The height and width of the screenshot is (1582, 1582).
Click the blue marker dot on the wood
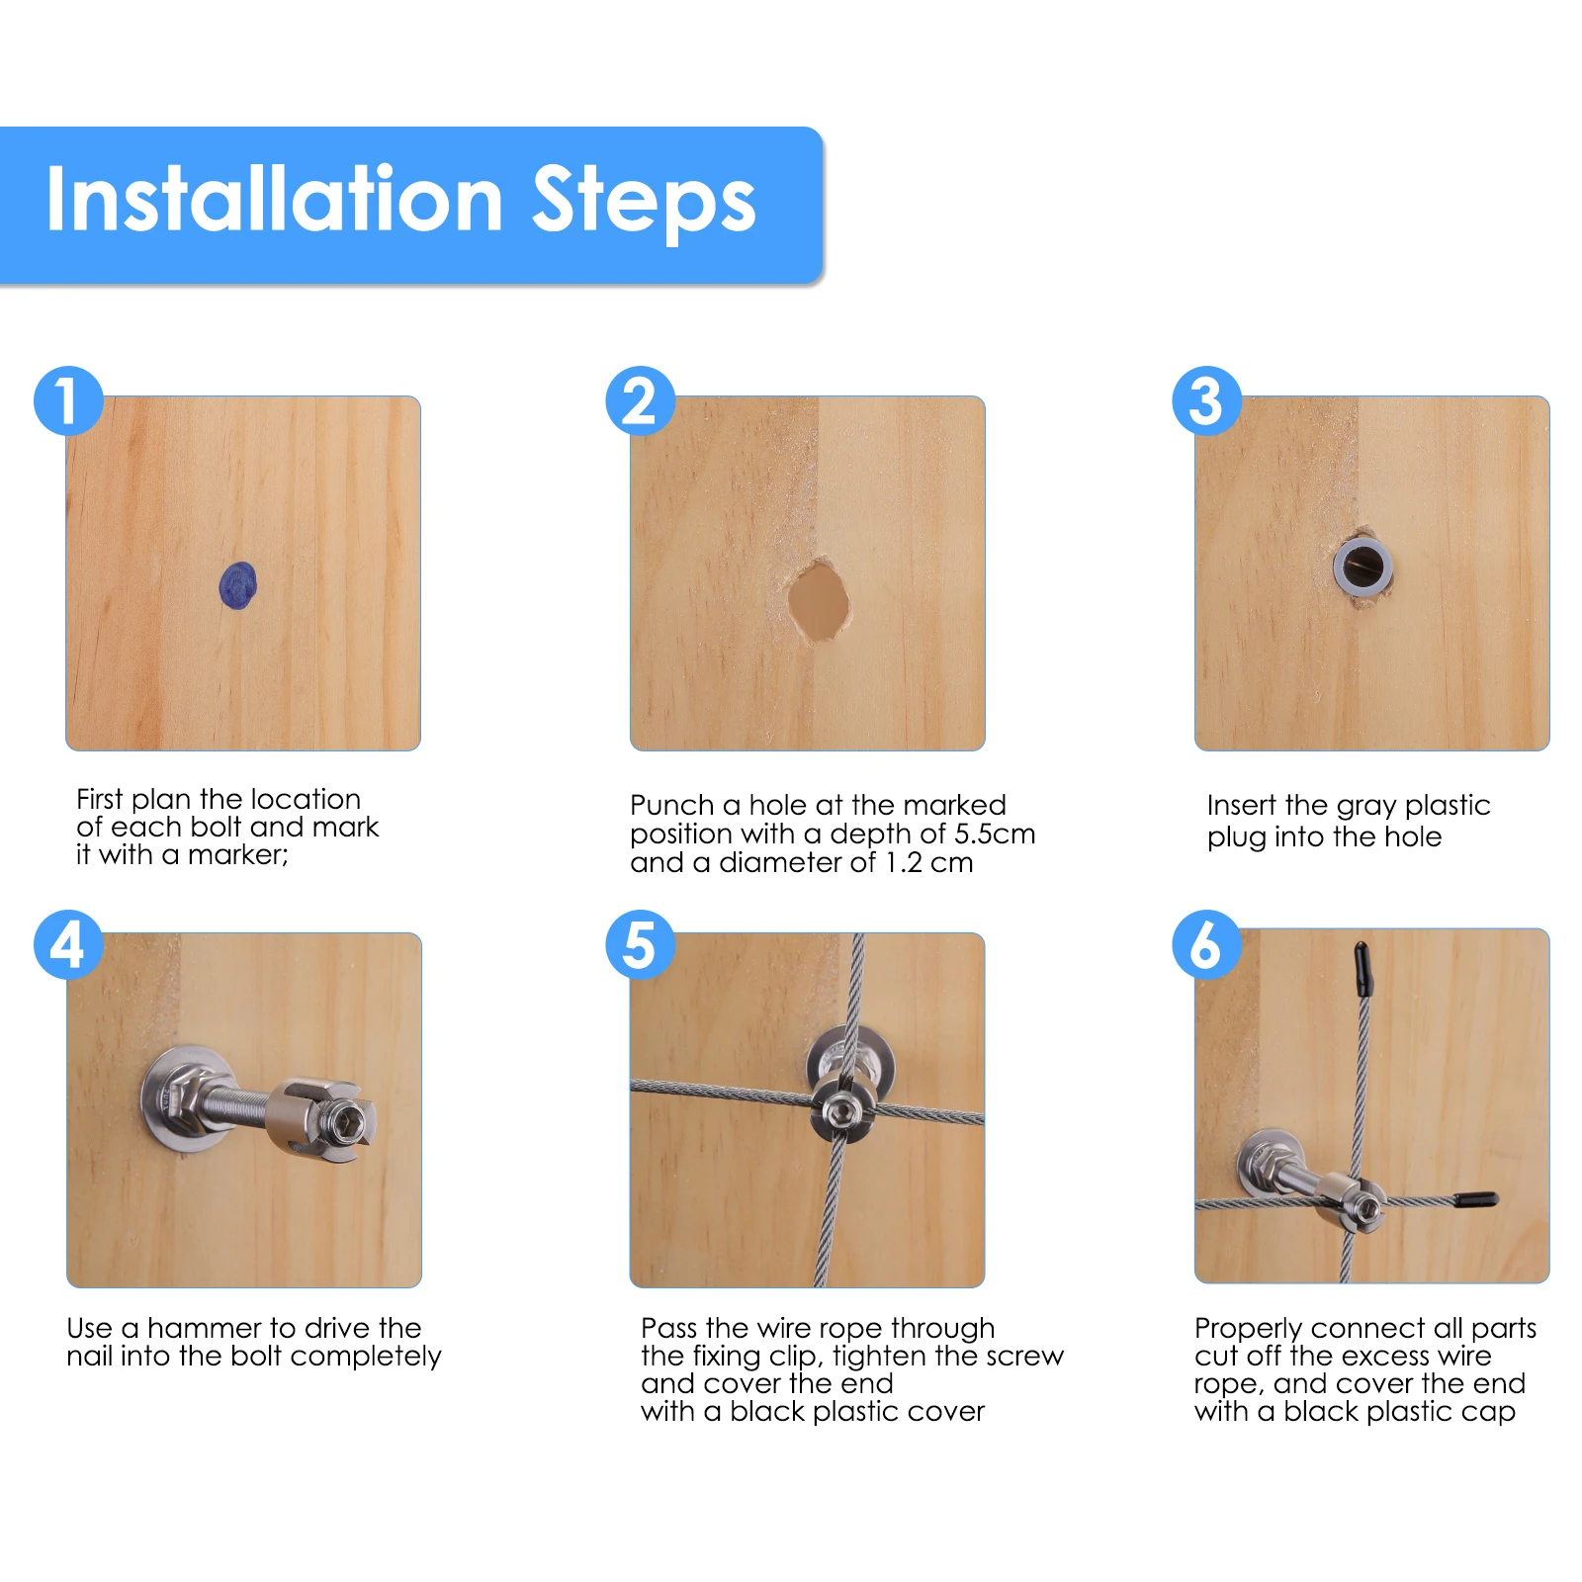coord(237,585)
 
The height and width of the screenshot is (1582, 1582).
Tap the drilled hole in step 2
coord(819,600)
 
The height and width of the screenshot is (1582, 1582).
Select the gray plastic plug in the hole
coord(1362,567)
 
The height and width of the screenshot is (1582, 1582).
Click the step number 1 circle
coord(68,400)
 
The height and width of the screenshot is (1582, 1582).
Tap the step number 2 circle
coord(640,400)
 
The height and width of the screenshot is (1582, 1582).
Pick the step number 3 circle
coord(1206,400)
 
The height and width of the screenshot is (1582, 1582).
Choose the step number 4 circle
coord(68,944)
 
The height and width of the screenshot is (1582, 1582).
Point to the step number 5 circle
coord(640,944)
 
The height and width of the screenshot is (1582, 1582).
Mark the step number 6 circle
coord(1206,944)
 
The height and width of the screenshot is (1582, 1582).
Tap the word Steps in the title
coord(645,203)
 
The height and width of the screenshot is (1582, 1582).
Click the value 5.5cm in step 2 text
coord(995,834)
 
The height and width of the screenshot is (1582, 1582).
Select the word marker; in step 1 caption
coord(238,854)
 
